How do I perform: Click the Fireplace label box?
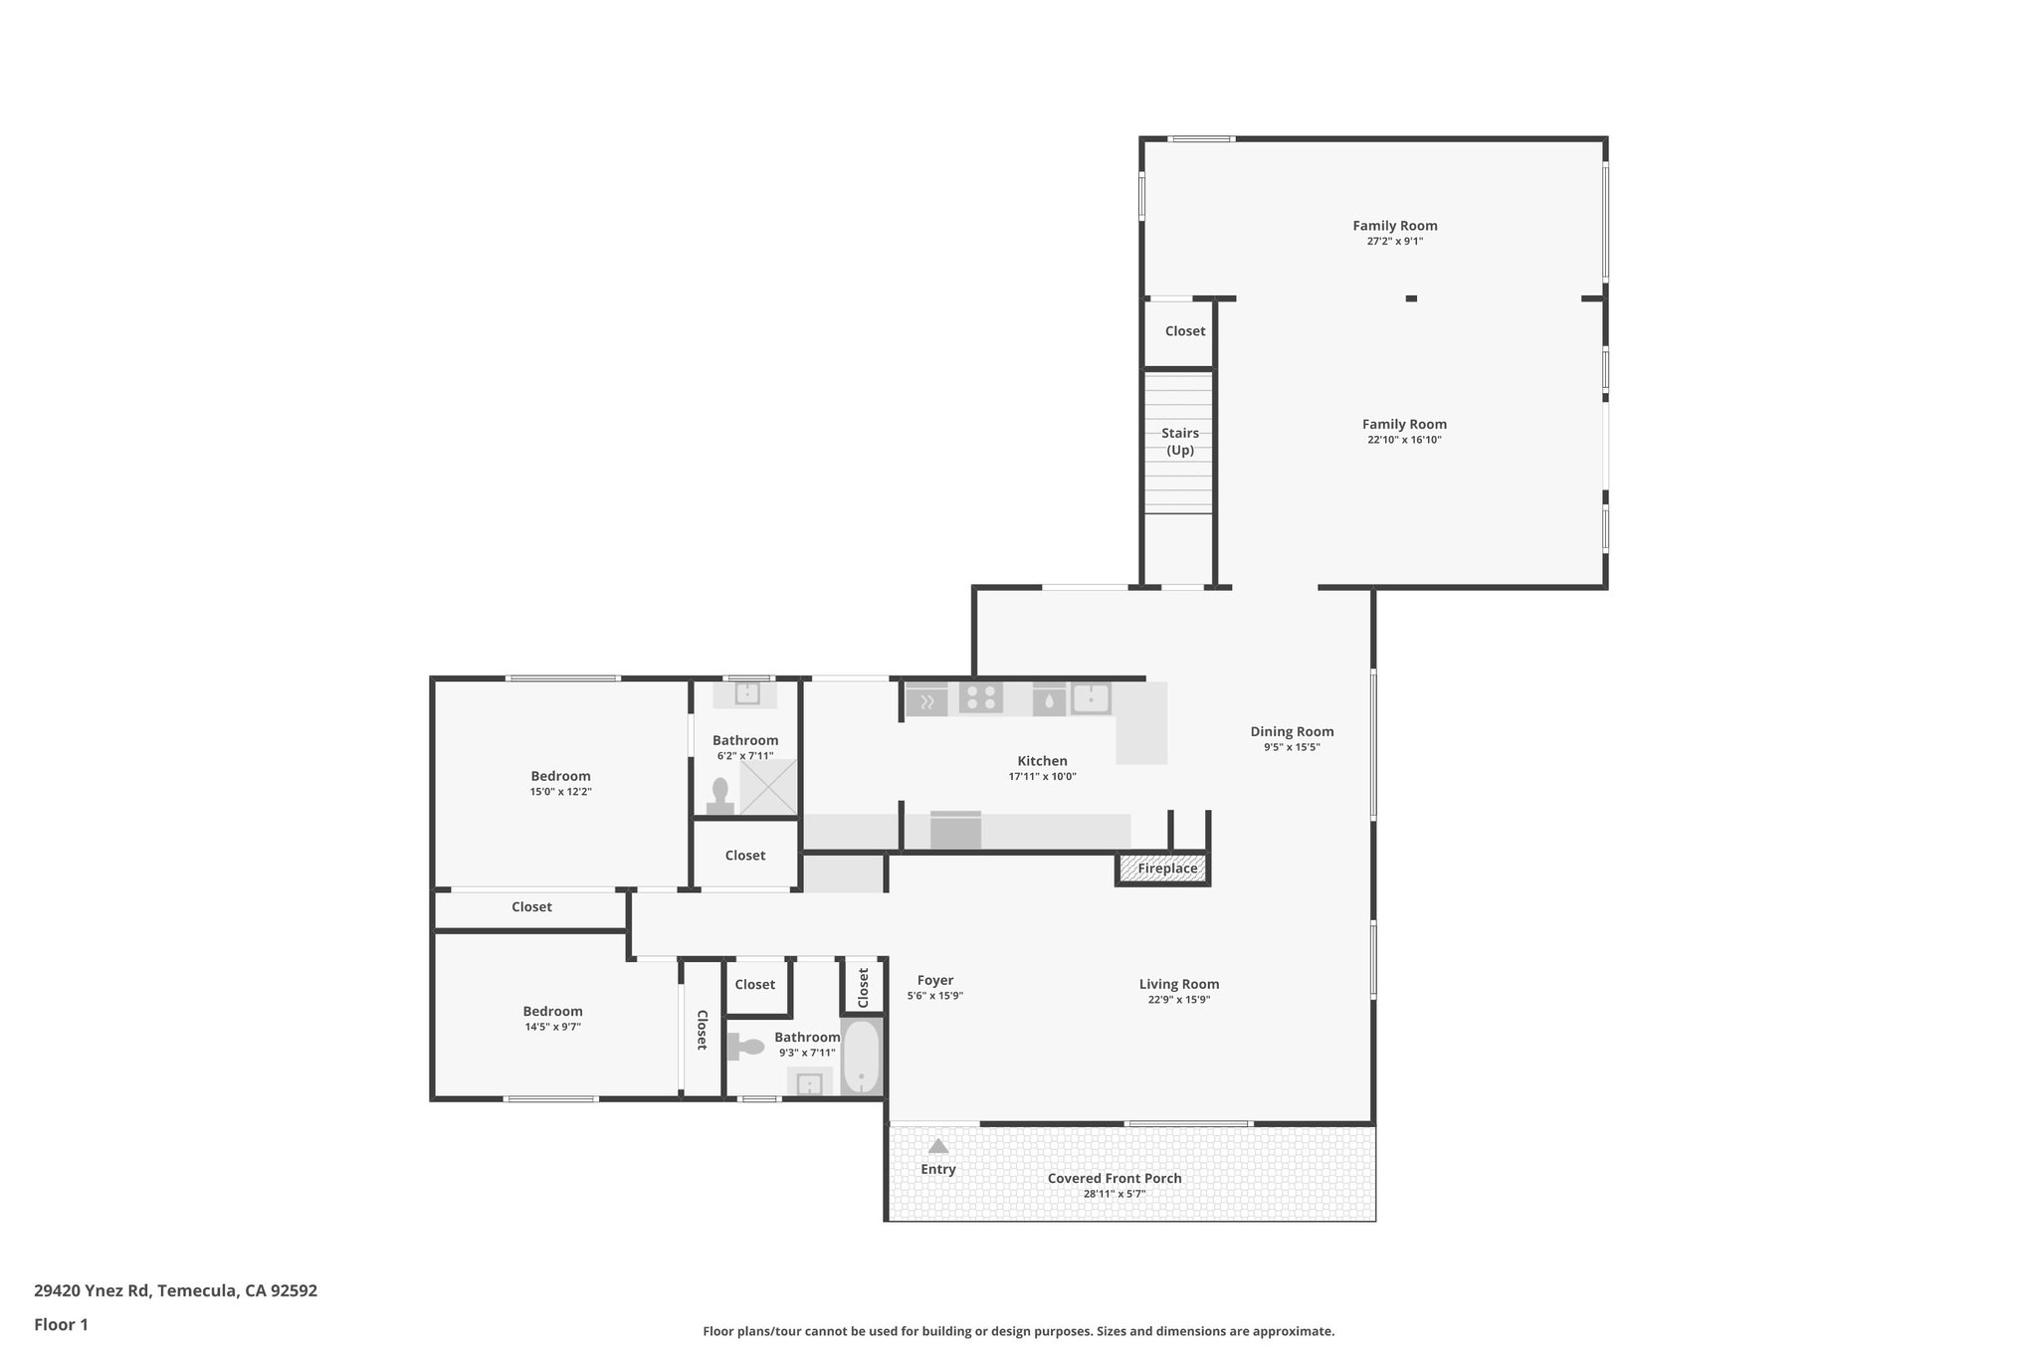(1166, 869)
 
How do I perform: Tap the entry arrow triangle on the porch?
(937, 1146)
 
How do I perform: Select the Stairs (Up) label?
(1179, 442)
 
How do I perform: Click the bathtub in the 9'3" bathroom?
(861, 1057)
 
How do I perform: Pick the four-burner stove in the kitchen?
(980, 698)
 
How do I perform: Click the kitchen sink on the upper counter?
(1091, 698)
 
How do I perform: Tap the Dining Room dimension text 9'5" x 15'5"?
(1292, 747)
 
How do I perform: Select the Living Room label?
(1179, 984)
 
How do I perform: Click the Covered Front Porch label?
(1115, 1178)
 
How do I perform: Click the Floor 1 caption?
(61, 1324)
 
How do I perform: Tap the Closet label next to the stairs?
(1184, 331)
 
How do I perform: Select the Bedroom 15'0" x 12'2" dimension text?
(560, 792)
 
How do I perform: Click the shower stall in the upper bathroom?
(768, 787)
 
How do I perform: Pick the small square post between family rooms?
(1410, 297)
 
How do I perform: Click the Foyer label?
(934, 980)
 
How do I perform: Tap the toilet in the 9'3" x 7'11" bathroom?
(745, 1047)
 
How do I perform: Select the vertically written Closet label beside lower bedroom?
(702, 1030)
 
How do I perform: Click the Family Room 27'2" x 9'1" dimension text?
(1394, 241)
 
